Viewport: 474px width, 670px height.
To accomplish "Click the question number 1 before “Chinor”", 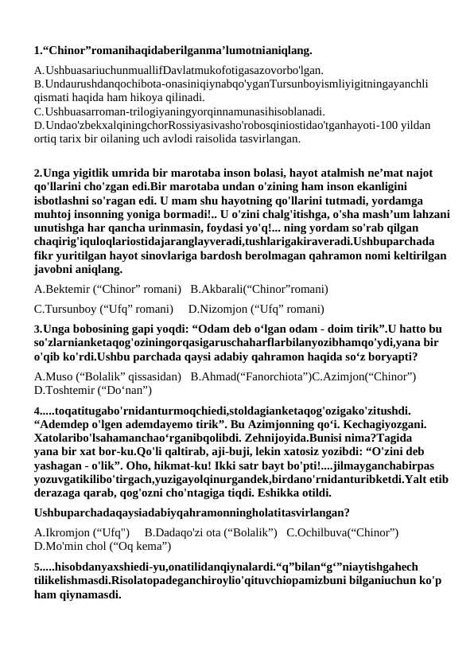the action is pyautogui.click(x=37, y=51).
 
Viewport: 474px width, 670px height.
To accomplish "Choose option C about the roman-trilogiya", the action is pyautogui.click(x=179, y=111).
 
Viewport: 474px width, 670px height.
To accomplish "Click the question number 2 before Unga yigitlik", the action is pyautogui.click(x=37, y=173).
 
